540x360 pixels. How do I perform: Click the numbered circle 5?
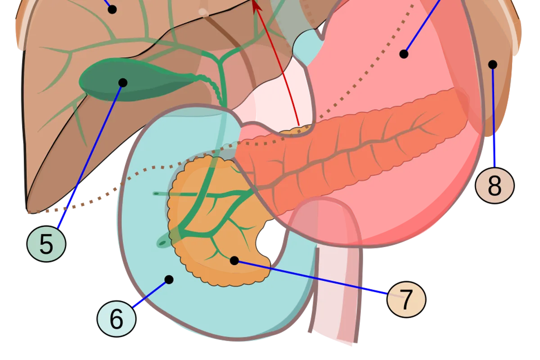tap(46, 244)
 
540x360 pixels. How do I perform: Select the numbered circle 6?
tap(117, 319)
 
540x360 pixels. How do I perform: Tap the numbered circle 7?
tap(406, 299)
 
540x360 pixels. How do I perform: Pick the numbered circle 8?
tap(495, 185)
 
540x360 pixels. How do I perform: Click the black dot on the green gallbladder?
tap(123, 83)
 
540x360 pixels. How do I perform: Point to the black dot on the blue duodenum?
tap(169, 280)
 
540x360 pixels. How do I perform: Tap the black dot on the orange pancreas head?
tap(234, 261)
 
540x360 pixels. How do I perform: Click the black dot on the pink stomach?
tap(404, 54)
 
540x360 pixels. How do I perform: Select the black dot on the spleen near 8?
tap(493, 64)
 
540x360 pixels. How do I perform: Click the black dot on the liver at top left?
tap(112, 9)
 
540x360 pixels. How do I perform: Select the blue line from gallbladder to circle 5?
tap(90, 157)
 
